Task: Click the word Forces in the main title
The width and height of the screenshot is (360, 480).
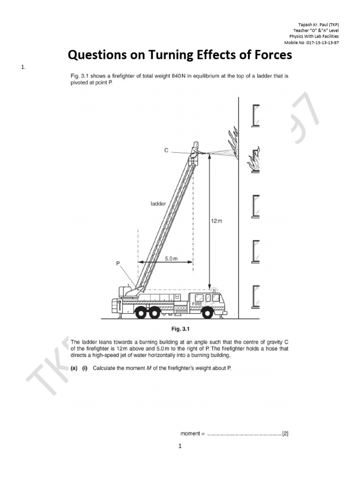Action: (x=269, y=55)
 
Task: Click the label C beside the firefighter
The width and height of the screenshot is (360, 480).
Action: (x=166, y=150)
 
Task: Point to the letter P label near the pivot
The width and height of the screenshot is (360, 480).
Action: (x=118, y=264)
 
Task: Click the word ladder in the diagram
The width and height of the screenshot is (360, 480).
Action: (x=158, y=203)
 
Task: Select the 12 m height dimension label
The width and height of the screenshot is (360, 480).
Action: (x=217, y=220)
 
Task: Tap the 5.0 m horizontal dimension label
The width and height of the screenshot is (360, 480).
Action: (x=172, y=258)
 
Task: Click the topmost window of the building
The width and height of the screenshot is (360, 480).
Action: (x=255, y=115)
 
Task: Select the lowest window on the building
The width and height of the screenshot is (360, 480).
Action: (x=255, y=296)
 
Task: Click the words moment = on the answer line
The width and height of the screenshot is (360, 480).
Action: (x=193, y=434)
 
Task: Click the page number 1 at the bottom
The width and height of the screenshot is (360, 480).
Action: (x=180, y=446)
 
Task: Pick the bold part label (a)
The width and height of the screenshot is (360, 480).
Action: (x=74, y=368)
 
